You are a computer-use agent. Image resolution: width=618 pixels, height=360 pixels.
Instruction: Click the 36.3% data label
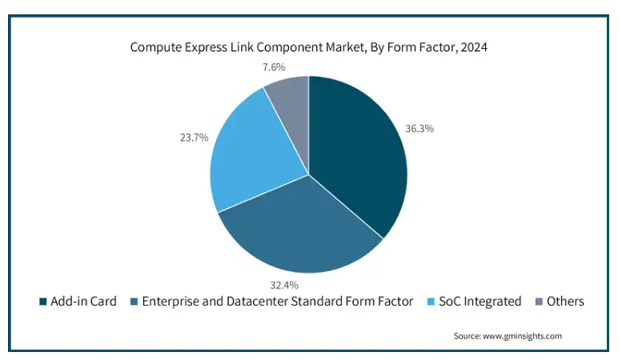click(x=419, y=129)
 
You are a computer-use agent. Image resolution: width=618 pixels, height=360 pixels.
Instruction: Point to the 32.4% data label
click(x=284, y=285)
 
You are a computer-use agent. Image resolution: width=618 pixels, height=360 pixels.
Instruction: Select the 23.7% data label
click(x=194, y=138)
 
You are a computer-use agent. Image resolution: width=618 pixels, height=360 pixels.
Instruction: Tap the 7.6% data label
click(x=274, y=67)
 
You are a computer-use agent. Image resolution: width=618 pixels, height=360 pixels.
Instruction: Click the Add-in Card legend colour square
click(x=43, y=302)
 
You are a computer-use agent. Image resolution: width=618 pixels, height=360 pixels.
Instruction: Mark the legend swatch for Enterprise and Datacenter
click(x=134, y=302)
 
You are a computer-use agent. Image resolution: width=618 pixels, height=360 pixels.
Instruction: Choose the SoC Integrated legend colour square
click(x=431, y=302)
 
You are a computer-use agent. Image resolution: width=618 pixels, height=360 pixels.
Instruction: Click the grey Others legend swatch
click(x=539, y=302)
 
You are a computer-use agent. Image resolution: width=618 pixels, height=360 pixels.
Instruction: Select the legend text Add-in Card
click(x=83, y=302)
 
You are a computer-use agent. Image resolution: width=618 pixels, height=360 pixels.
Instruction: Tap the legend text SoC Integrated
click(x=480, y=302)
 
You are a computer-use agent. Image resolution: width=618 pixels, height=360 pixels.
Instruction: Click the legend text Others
click(x=565, y=302)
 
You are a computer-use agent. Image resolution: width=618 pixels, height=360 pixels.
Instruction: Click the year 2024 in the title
click(x=474, y=47)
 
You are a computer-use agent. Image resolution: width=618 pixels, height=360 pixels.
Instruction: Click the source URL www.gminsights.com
click(x=522, y=336)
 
